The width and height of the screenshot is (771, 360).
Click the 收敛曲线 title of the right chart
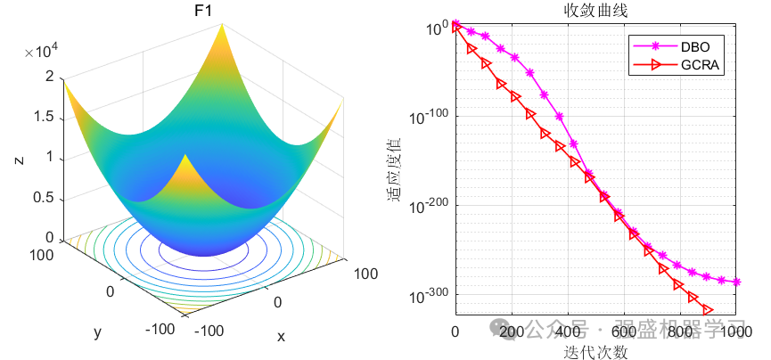pos(596,10)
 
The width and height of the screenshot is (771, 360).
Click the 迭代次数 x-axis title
pos(596,352)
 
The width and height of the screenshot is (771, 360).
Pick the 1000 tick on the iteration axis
pos(735,332)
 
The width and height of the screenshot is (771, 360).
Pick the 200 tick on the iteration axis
pos(512,332)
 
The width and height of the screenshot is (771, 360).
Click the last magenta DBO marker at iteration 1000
pos(736,282)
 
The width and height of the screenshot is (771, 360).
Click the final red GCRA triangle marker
pos(708,309)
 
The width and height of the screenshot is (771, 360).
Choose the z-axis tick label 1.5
pos(42,118)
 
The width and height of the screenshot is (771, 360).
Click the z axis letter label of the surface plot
pos(18,160)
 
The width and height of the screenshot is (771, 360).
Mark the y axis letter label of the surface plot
pos(96,332)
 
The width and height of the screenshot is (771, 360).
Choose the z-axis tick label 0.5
pos(42,198)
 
